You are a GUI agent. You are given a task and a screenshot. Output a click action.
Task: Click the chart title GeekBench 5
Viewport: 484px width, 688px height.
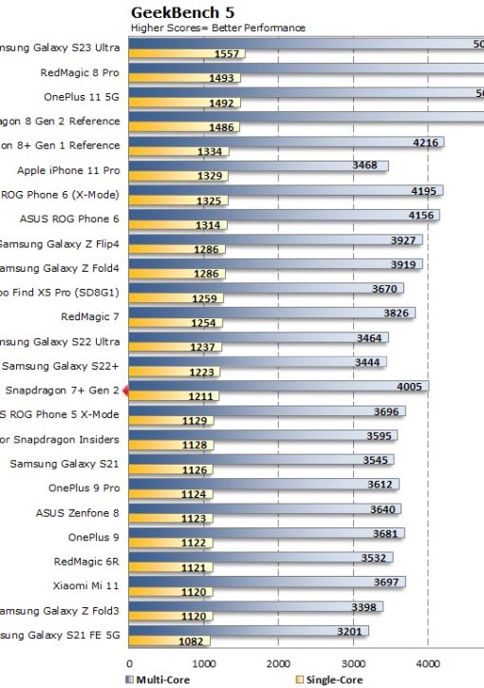pos(182,12)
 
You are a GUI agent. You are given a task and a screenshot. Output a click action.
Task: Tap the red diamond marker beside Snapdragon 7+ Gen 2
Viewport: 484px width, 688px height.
pos(124,390)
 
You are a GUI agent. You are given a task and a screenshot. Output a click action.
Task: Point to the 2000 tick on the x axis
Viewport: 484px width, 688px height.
pos(278,665)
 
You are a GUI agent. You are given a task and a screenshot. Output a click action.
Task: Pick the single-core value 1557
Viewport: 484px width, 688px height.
pos(228,54)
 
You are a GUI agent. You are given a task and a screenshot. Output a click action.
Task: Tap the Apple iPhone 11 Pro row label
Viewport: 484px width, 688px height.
pos(68,170)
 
